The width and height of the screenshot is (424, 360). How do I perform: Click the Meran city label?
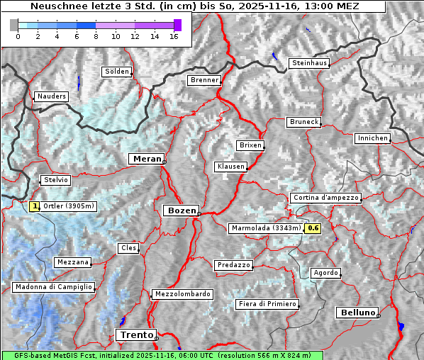[x=147, y=159]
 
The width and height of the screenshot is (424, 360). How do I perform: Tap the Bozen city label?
[x=181, y=210]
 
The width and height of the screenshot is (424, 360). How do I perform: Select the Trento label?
[x=135, y=334]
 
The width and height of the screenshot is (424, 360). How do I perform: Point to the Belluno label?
[x=357, y=312]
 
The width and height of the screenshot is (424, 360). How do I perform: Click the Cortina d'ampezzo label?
[x=325, y=198]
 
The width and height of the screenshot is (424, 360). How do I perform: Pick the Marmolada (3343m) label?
[x=266, y=228]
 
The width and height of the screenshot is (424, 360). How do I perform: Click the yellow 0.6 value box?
[x=313, y=228]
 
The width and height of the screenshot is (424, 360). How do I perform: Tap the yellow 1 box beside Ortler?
[x=35, y=206]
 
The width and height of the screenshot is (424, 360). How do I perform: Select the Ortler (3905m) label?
[x=69, y=206]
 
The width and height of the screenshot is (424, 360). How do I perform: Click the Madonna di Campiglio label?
[x=53, y=287]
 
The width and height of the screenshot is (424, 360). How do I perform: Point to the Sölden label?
[x=117, y=72]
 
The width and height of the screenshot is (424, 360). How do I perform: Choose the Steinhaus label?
[x=309, y=63]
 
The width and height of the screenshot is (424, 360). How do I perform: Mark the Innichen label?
[x=372, y=138]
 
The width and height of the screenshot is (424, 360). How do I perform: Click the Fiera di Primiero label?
[x=267, y=304]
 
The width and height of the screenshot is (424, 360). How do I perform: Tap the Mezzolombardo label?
[x=182, y=294]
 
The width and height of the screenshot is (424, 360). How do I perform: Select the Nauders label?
[x=52, y=96]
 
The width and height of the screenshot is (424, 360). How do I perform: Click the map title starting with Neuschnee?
[x=194, y=6]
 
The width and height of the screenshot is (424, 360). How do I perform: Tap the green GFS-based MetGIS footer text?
[x=162, y=355]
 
